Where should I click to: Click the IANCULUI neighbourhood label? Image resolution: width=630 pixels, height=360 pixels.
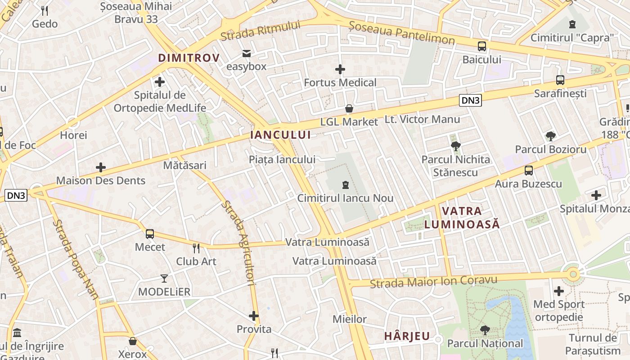click(x=280, y=135)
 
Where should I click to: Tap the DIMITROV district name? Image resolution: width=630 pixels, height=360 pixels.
click(x=189, y=58)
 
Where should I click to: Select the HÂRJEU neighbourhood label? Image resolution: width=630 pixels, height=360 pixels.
click(x=407, y=336)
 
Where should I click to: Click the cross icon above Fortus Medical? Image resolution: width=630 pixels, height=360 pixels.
click(x=340, y=69)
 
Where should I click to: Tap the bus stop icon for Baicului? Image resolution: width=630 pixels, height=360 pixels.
click(x=482, y=46)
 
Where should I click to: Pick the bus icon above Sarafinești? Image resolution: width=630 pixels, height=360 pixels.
click(x=560, y=80)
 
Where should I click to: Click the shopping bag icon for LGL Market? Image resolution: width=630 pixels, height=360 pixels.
click(x=349, y=108)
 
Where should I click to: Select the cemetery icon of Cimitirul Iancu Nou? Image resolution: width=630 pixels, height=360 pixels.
click(x=345, y=184)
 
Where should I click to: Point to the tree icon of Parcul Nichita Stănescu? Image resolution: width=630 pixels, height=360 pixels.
click(x=455, y=146)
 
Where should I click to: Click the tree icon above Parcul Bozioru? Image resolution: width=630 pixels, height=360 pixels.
click(x=550, y=136)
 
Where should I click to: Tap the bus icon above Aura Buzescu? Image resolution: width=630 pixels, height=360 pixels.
click(x=529, y=171)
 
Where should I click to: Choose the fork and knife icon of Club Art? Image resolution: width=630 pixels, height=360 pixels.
click(x=196, y=248)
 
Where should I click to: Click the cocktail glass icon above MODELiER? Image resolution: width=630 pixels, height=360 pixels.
click(x=164, y=279)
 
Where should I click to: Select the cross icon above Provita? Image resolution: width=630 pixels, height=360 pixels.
click(x=254, y=316)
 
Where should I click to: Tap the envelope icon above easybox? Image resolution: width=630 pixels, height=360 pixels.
click(x=246, y=54)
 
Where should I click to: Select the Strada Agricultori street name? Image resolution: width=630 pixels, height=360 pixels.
click(x=238, y=243)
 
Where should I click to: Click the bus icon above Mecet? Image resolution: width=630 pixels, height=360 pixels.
click(x=150, y=234)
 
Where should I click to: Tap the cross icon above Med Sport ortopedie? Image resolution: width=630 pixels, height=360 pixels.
click(x=559, y=291)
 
